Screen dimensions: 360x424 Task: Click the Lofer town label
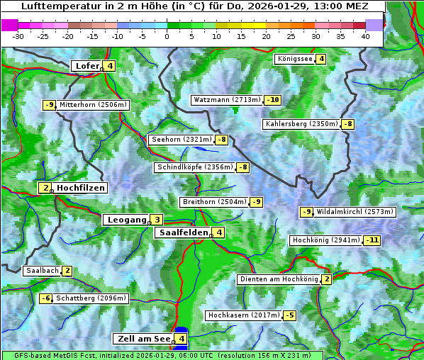pos(87,66)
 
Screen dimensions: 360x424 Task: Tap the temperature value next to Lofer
pos(110,66)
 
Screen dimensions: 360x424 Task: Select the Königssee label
pos(295,59)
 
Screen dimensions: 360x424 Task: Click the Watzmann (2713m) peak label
pos(227,100)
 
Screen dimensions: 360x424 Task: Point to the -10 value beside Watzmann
pos(272,100)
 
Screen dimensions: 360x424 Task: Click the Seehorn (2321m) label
pos(182,140)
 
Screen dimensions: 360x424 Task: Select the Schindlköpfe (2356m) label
pos(195,167)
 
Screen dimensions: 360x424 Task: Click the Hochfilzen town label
pos(80,188)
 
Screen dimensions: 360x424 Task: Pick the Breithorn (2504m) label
pos(214,202)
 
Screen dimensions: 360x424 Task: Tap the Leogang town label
pos(126,220)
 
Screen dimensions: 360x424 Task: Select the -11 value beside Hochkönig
pos(372,240)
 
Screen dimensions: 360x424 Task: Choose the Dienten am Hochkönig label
pos(279,279)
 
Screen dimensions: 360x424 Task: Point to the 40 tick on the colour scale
pos(364,35)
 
